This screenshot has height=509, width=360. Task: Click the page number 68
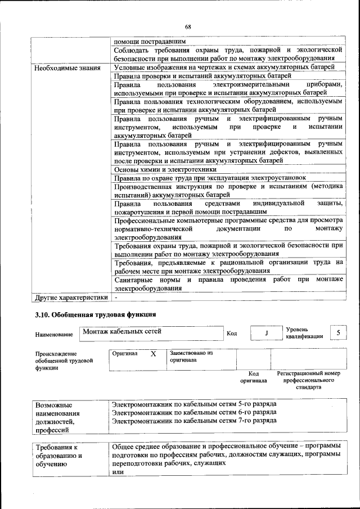pos(188,27)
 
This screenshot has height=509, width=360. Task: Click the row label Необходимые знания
pos(67,68)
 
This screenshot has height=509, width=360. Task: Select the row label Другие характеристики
pos(70,296)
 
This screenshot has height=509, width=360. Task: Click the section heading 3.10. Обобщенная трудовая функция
pos(95,314)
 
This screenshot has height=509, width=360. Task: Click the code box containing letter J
pos(265,334)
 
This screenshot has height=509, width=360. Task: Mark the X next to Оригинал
pos(152,354)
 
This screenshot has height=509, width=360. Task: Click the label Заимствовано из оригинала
pos(190,356)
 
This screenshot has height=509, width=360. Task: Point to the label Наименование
pos(54,335)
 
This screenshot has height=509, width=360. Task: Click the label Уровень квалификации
pos(304,332)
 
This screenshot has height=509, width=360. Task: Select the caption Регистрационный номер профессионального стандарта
pos(309,380)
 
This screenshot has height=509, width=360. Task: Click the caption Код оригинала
pos(253,377)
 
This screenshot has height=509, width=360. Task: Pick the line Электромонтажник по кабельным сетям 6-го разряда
pos(194,412)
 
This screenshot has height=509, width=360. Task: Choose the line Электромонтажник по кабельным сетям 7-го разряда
pos(194,420)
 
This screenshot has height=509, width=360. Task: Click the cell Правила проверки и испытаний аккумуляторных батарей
pos(202,75)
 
